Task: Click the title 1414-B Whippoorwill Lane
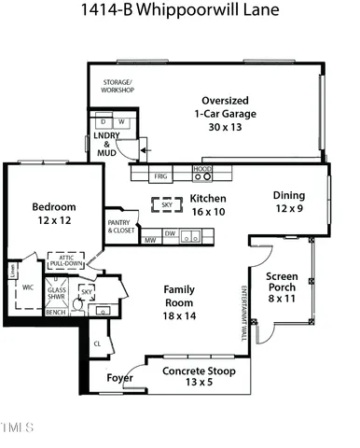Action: [x=179, y=12]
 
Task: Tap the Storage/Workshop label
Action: [x=118, y=87]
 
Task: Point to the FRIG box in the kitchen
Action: [x=160, y=175]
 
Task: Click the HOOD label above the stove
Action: [x=201, y=169]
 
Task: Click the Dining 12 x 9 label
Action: [x=289, y=202]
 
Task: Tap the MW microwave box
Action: [x=149, y=240]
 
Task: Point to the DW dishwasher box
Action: [x=170, y=234]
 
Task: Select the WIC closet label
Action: [x=28, y=287]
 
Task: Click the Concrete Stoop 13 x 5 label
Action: [x=197, y=376]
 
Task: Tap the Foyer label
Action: [x=118, y=378]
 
